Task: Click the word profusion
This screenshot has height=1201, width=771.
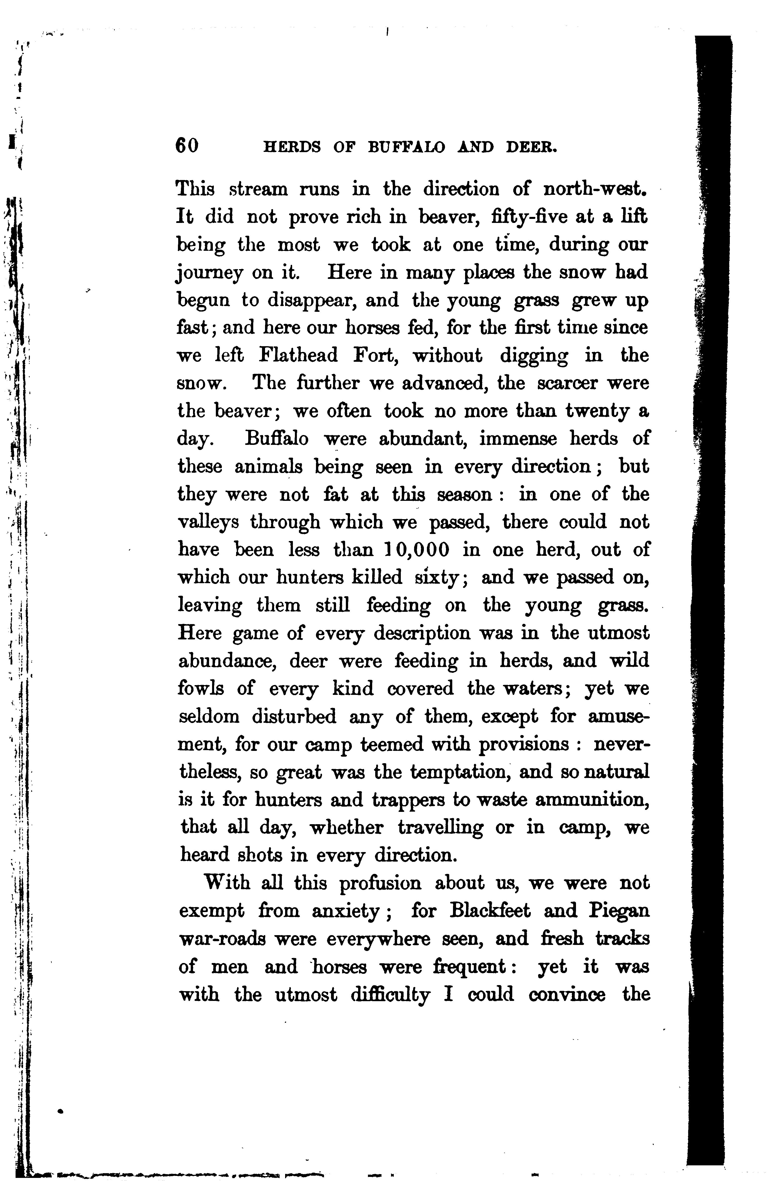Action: pyautogui.click(x=380, y=883)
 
